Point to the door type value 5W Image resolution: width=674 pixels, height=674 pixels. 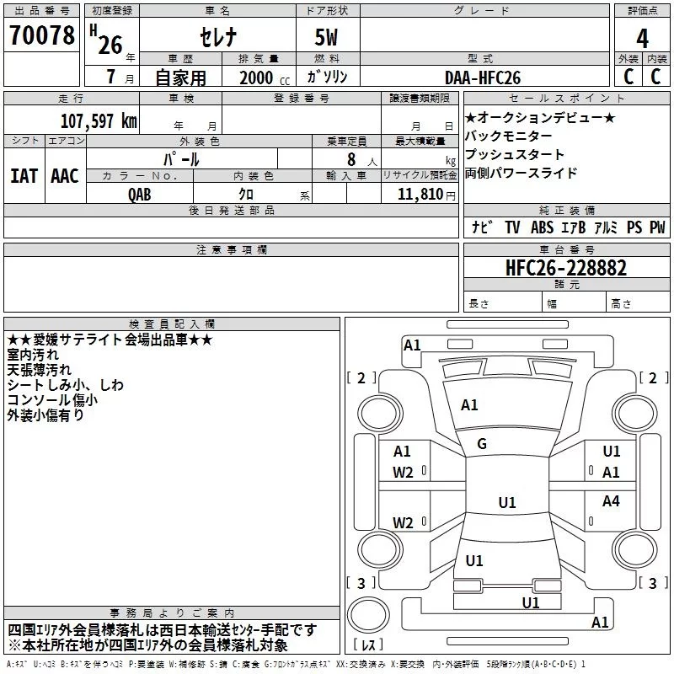(x=327, y=38)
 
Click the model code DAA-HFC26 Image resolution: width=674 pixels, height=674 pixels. (x=483, y=78)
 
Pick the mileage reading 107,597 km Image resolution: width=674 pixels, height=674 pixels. (x=98, y=120)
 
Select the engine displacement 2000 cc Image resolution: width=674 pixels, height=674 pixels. (x=258, y=78)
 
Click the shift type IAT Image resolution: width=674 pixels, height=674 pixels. (x=24, y=175)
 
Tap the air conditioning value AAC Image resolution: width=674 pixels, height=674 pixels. (x=64, y=175)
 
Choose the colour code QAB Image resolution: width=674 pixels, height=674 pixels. (x=140, y=194)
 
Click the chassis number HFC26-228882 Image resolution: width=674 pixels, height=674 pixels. (x=566, y=267)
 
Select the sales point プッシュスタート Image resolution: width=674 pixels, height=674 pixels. (x=515, y=155)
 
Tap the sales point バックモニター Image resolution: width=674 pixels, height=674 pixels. (x=508, y=136)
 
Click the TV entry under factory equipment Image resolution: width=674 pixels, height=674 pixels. (x=512, y=227)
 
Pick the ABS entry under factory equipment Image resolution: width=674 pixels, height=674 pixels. (x=542, y=227)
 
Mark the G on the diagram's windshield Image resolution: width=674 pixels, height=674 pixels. (x=482, y=444)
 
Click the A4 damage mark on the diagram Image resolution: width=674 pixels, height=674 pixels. (x=611, y=501)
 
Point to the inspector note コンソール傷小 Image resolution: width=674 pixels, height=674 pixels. (x=52, y=400)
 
